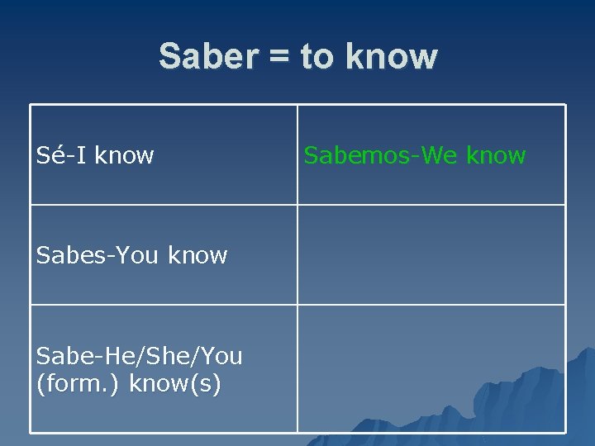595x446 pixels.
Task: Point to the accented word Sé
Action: pyautogui.click(x=50, y=155)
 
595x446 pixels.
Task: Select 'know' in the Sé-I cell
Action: pyautogui.click(x=123, y=155)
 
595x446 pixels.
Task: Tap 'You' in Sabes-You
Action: pyautogui.click(x=136, y=255)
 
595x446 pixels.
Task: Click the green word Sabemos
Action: pyautogui.click(x=359, y=155)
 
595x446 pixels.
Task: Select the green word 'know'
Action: pyautogui.click(x=493, y=155)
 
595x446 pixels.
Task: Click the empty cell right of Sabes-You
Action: pyautogui.click(x=431, y=255)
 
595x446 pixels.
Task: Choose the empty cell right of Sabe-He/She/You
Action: pyautogui.click(x=431, y=368)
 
